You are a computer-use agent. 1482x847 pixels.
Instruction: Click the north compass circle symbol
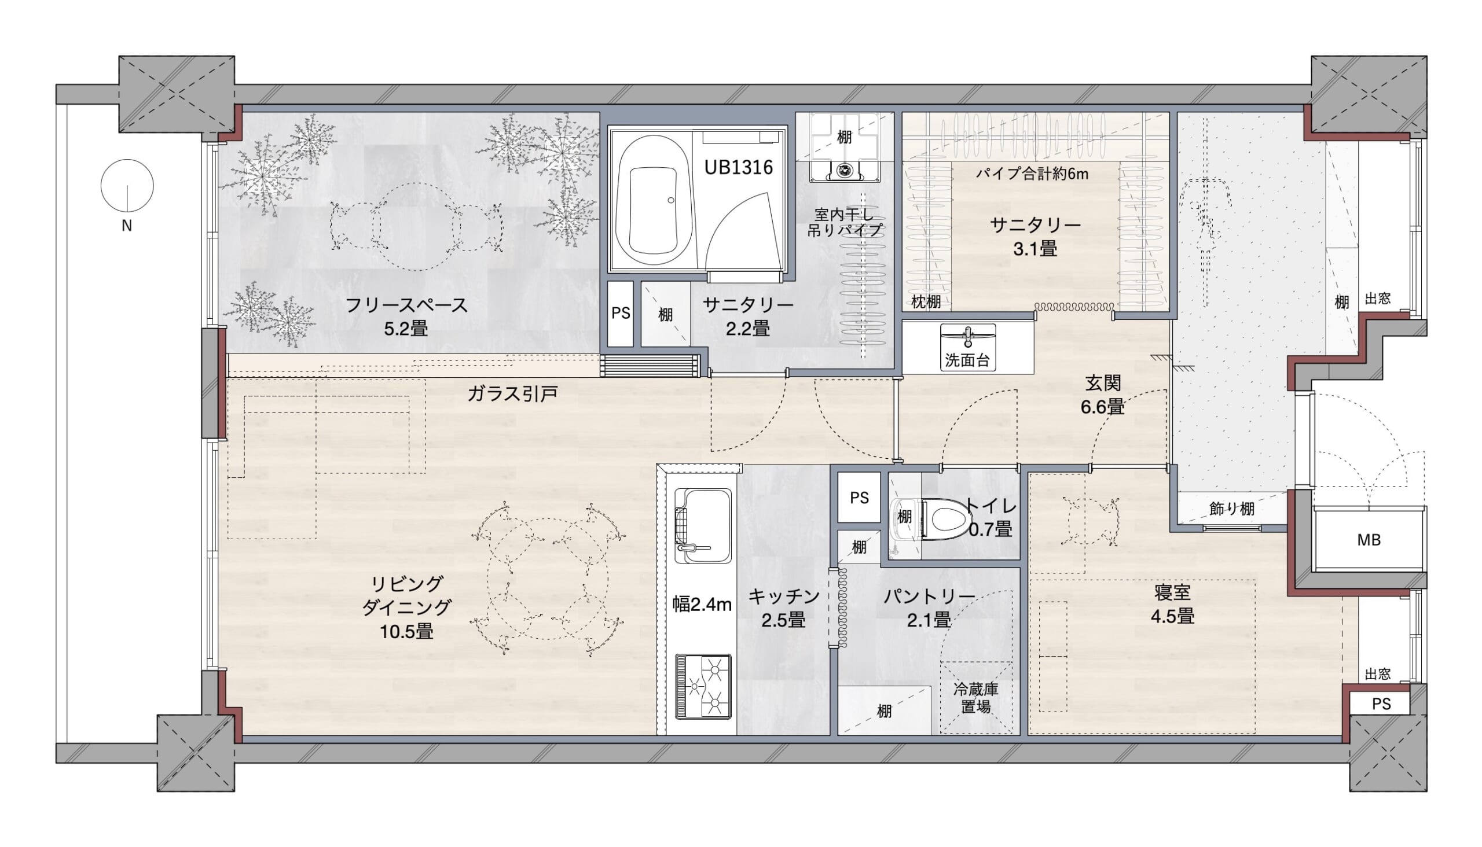[x=127, y=186]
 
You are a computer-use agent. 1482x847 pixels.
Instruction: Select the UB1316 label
[x=738, y=168]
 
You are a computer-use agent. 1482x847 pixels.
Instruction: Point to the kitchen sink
[x=703, y=526]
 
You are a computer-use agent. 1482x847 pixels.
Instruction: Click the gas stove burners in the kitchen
[x=703, y=686]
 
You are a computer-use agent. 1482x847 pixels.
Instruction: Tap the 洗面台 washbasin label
[x=967, y=360]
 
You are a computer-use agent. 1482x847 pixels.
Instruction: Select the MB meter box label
[x=1369, y=540]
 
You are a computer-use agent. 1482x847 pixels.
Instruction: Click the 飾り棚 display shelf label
[x=1232, y=509]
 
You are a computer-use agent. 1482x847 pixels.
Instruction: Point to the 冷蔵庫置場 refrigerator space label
[x=975, y=698]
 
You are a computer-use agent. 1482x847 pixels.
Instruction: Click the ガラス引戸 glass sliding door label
[x=512, y=395]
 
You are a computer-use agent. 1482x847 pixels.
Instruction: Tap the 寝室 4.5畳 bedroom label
[x=1172, y=605]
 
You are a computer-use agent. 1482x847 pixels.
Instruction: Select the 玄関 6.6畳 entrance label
[x=1102, y=395]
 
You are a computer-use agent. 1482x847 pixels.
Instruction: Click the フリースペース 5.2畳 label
[x=406, y=316]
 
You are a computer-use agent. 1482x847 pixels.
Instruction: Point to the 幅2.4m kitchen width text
[x=702, y=605]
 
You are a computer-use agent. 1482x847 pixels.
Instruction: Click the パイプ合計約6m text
[x=1032, y=174]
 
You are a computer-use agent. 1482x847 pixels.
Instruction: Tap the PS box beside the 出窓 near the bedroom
[x=1381, y=704]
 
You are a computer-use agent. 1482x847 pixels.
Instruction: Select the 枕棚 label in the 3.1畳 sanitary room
[x=926, y=302]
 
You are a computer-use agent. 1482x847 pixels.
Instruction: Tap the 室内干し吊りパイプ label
[x=845, y=222]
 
